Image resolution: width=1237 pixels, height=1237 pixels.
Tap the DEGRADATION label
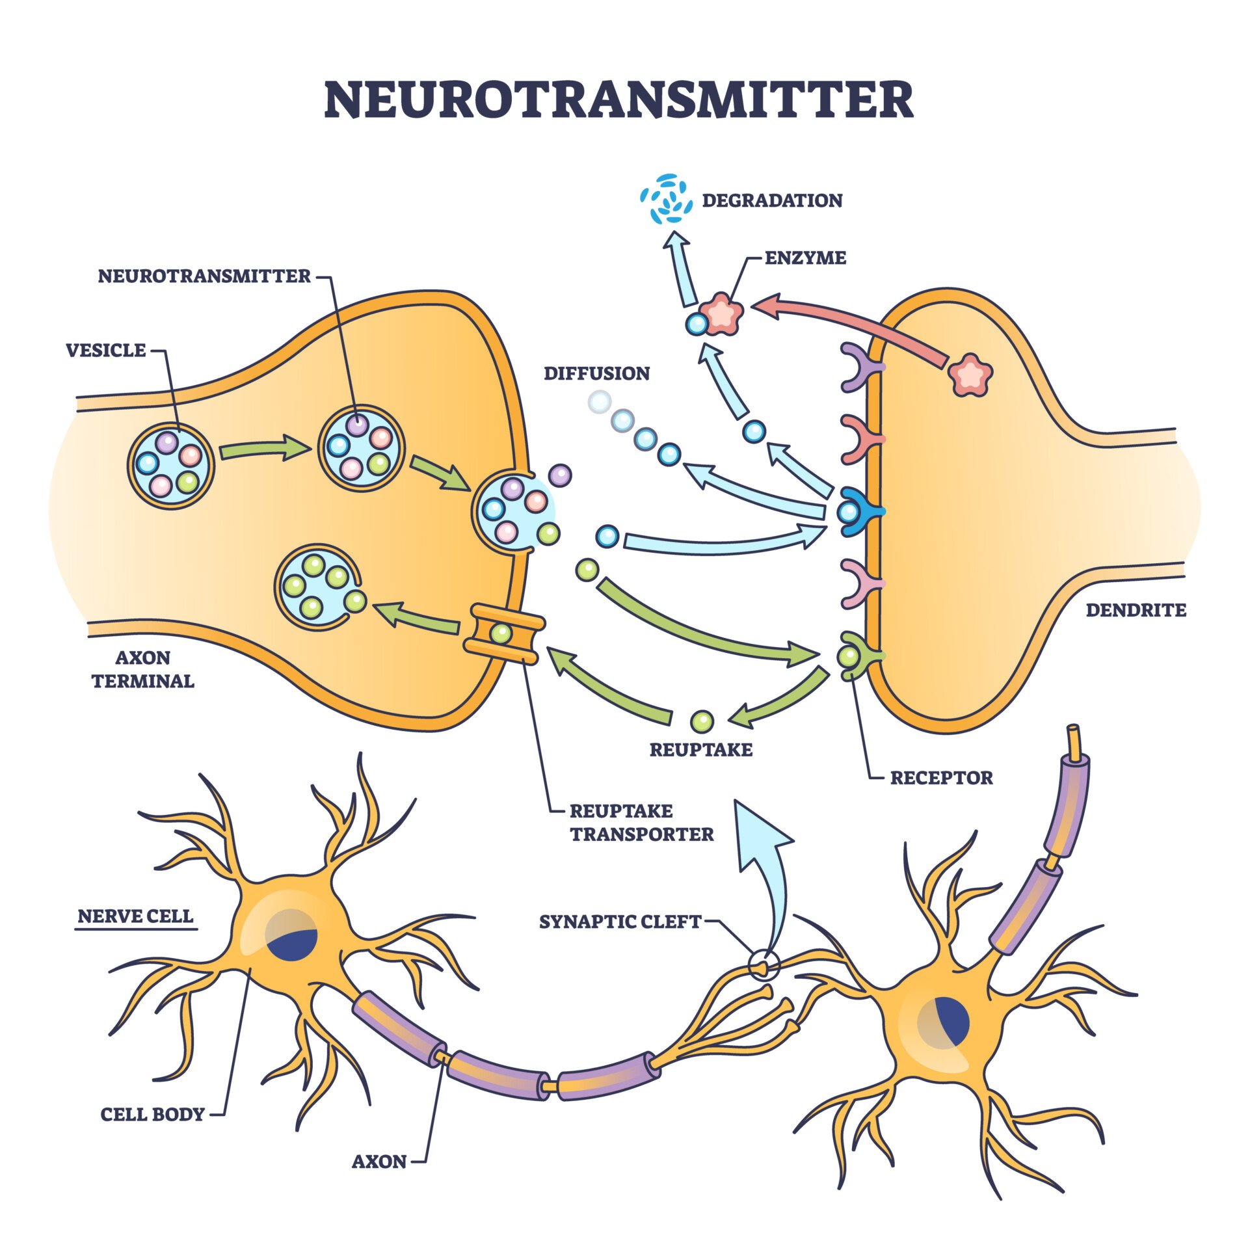coord(772,200)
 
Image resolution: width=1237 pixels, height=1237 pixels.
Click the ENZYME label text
coord(805,258)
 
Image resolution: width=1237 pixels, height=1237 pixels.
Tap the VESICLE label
coord(106,351)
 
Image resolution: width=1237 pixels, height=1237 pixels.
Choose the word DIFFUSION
coord(596,373)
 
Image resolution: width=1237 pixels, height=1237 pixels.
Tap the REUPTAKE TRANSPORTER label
coord(641,823)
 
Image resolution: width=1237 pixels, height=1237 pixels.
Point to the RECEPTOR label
coord(941,778)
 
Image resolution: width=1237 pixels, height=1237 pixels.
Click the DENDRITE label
coord(1136,610)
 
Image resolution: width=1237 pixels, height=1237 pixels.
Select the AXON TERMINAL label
coord(142,669)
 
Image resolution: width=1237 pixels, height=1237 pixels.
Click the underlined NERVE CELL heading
coord(135,916)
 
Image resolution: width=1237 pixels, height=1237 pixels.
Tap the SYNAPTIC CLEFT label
coord(620,922)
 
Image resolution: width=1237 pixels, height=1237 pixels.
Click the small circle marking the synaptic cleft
coord(763,965)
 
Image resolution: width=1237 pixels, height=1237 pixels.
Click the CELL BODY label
coord(152,1115)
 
